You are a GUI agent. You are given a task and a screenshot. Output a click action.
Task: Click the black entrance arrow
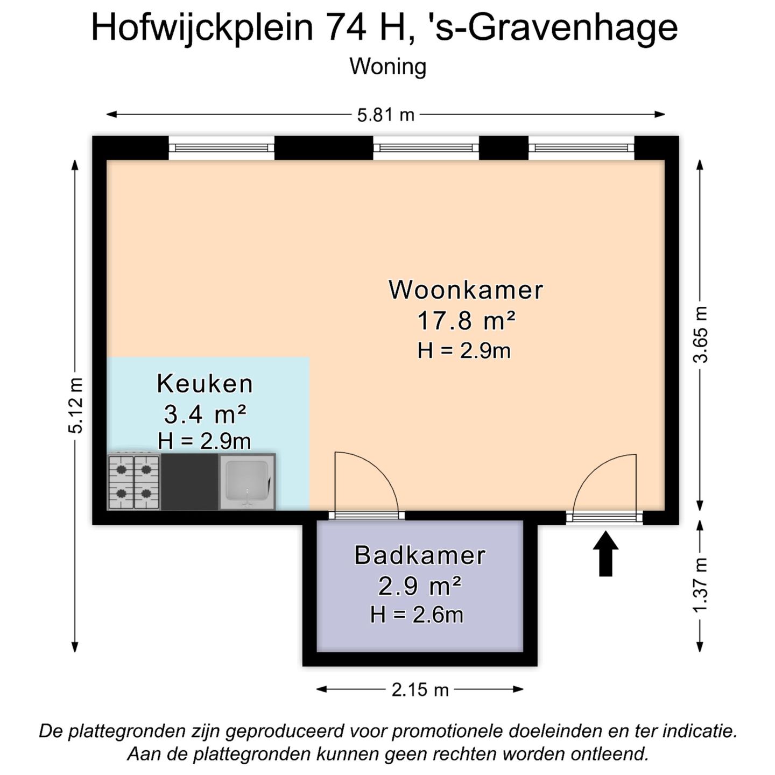[605, 554]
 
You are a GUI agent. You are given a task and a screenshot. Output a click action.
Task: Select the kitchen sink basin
[247, 481]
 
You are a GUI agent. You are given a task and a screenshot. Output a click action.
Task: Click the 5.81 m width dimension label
[386, 115]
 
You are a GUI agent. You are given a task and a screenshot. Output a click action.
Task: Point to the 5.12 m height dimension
[76, 405]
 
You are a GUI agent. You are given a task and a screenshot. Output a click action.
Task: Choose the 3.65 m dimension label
[701, 334]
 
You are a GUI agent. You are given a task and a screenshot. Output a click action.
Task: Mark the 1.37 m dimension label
[701, 585]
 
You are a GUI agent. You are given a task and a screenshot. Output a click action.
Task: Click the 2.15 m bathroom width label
[420, 689]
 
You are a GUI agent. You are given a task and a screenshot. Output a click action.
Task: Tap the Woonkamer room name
[466, 290]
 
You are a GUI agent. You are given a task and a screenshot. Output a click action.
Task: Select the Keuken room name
[205, 384]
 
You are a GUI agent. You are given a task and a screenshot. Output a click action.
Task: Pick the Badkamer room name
[420, 555]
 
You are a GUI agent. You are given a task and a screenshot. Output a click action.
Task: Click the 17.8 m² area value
[466, 321]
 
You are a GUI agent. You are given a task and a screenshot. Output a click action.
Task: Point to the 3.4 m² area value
[205, 414]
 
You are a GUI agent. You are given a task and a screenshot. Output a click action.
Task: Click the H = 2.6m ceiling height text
[417, 615]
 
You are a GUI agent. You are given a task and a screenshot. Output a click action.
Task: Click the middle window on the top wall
[426, 148]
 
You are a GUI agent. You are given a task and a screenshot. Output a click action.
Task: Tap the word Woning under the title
[387, 67]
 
